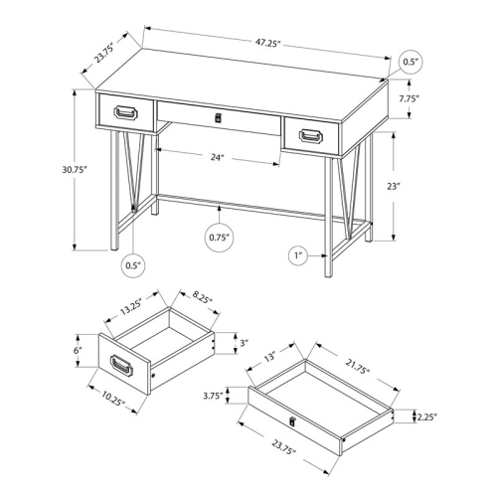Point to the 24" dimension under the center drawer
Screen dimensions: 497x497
tap(217, 156)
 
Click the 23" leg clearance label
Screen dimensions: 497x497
tap(421, 186)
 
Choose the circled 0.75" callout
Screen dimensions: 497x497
tap(219, 237)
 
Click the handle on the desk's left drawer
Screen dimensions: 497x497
tap(126, 112)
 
